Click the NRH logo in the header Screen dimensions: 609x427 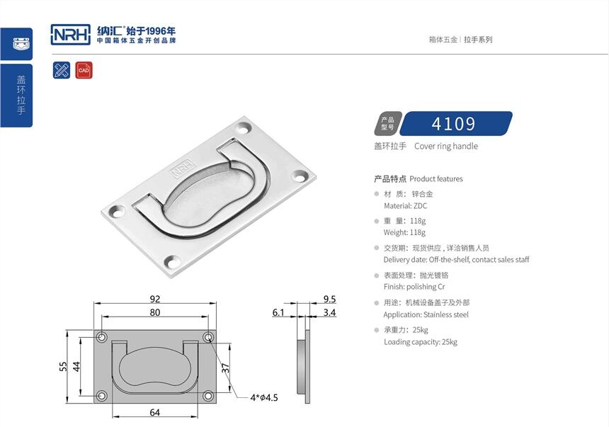tap(71, 35)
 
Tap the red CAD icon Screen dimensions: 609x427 tap(84, 70)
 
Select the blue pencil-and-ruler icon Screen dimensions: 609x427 tap(62, 70)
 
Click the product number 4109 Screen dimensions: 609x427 tap(453, 124)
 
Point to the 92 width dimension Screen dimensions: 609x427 tap(155, 299)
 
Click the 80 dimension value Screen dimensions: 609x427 tap(155, 312)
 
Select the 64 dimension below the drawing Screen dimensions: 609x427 tap(155, 412)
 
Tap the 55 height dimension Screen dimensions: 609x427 tap(63, 366)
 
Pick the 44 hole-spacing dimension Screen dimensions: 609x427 tap(76, 366)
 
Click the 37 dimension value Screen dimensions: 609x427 tap(225, 368)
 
